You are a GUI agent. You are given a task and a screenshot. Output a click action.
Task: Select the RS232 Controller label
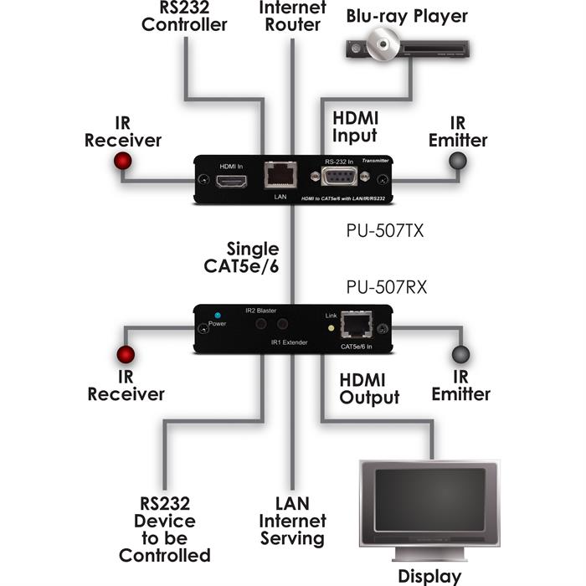(x=183, y=16)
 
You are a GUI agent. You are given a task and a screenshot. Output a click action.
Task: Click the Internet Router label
(x=290, y=16)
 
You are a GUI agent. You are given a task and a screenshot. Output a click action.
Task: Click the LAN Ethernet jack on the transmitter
(x=279, y=175)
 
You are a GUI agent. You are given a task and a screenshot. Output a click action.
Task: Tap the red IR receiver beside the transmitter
(x=123, y=161)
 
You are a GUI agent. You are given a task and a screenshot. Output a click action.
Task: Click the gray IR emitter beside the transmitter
(x=458, y=161)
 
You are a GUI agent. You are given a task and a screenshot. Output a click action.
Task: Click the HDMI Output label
(x=369, y=388)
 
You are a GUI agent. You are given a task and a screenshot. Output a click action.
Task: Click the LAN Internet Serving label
(x=291, y=522)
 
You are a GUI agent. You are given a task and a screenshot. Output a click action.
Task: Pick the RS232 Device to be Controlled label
(x=164, y=529)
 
